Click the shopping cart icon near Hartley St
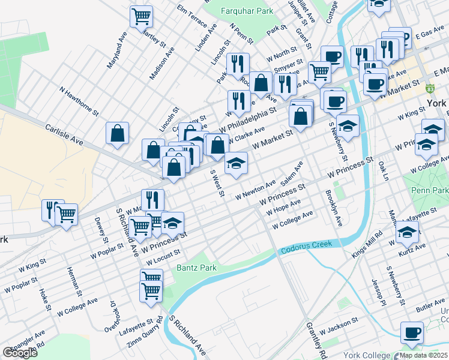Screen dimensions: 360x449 click(x=141, y=17)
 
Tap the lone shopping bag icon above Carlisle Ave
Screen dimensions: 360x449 click(x=118, y=134)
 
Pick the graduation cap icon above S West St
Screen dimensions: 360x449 click(x=237, y=163)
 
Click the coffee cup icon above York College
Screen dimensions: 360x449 click(x=412, y=333)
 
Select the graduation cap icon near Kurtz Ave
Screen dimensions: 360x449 click(x=408, y=232)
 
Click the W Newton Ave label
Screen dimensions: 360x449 click(x=255, y=190)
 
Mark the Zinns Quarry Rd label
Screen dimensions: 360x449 click(x=145, y=332)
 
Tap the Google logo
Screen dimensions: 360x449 click(x=19, y=353)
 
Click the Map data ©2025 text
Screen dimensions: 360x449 click(x=423, y=355)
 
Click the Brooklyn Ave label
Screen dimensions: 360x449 click(x=334, y=208)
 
